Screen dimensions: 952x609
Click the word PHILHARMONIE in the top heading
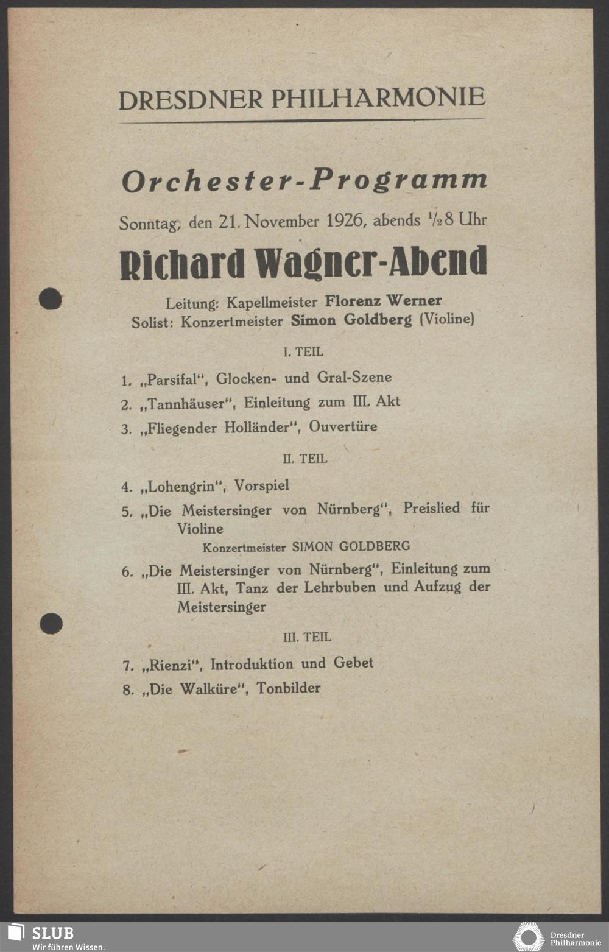(x=378, y=98)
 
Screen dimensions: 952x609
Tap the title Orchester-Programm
(x=304, y=181)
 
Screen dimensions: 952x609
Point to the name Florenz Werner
(x=383, y=301)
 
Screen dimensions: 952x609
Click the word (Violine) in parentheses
(x=447, y=319)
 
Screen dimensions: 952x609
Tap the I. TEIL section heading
(x=303, y=352)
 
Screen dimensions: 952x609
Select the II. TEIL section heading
(x=304, y=459)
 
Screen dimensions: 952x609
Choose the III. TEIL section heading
(x=307, y=637)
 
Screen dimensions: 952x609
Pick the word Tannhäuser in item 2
(x=187, y=404)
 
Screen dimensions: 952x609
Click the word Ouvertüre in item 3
(x=343, y=426)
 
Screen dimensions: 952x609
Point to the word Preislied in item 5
(x=432, y=508)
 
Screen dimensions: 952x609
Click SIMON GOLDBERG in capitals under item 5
(x=351, y=546)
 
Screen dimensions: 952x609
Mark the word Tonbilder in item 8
(x=288, y=688)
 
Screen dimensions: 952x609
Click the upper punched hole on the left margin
(x=50, y=299)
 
